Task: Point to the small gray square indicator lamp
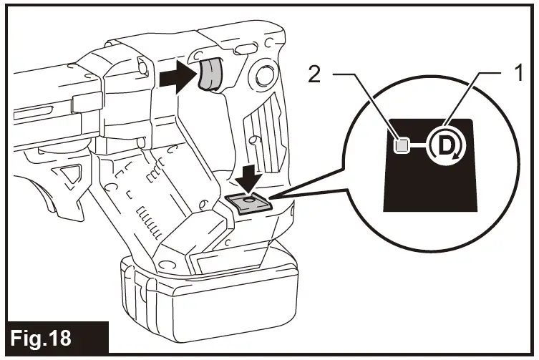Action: [402, 146]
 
